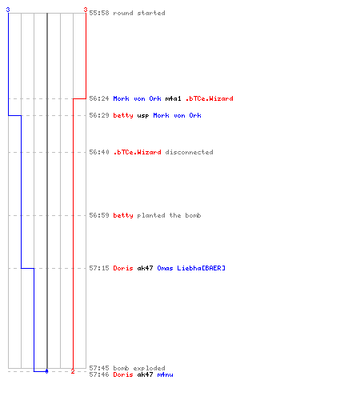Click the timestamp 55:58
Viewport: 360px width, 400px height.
[x=99, y=13]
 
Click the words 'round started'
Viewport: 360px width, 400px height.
[x=139, y=13]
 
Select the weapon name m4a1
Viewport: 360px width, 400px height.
[x=173, y=98]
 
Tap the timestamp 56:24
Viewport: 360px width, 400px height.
[x=99, y=98]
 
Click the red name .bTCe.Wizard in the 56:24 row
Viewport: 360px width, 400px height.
[x=210, y=98]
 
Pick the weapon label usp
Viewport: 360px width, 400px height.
[x=143, y=115]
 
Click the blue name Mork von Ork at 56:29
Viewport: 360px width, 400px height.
[x=177, y=115]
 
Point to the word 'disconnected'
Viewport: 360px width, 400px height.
[x=189, y=152]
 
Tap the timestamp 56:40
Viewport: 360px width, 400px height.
[x=99, y=152]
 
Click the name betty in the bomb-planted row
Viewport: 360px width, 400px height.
[x=123, y=215]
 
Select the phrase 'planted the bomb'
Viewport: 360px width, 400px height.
[x=169, y=215]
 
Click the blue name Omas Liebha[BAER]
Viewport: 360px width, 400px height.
[x=191, y=268]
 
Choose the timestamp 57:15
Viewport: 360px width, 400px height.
[x=99, y=268]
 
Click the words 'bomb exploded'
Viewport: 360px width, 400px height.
[x=139, y=368]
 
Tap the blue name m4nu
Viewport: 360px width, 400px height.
[x=165, y=374]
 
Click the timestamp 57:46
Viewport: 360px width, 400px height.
[x=99, y=374]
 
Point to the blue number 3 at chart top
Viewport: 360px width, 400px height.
[x=8, y=10]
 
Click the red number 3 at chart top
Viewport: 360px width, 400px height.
[x=86, y=10]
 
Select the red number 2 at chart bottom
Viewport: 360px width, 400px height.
[x=73, y=371]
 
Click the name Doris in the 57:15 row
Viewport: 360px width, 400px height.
[x=123, y=268]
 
